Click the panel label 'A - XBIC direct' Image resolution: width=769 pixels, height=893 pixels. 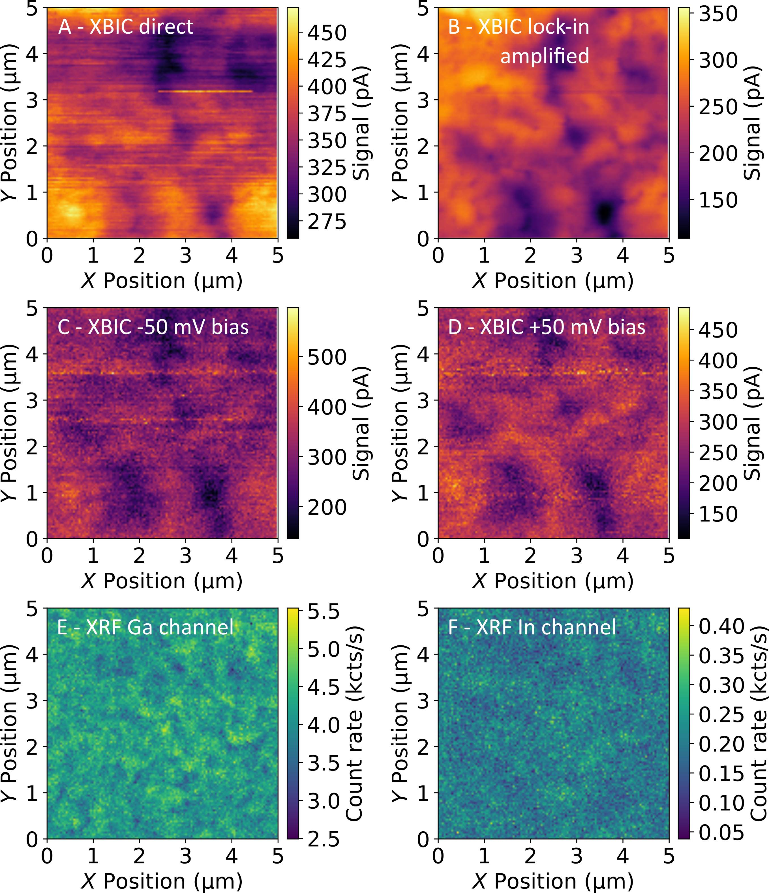coord(125,27)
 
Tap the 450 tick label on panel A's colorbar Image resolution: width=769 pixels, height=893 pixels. coord(327,33)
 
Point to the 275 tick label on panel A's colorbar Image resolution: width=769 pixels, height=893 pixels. coord(327,222)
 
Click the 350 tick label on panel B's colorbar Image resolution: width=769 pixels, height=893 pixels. coord(718,14)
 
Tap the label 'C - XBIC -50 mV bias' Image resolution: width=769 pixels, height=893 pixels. coord(153,327)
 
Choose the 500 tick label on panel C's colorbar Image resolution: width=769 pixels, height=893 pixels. coord(327,357)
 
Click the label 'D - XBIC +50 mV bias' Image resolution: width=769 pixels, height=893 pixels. coord(547,327)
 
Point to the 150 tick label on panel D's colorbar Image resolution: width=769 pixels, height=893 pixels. coord(718,514)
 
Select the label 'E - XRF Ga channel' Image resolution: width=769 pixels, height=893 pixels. coord(145,627)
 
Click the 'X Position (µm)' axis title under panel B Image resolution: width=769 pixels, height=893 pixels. coord(553,281)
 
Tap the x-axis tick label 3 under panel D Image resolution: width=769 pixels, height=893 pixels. coord(577,556)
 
